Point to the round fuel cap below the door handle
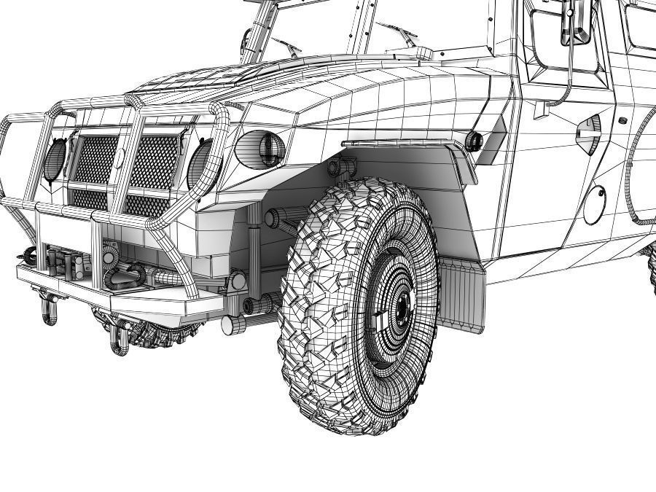tap(594, 205)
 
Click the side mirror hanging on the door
tap(572, 22)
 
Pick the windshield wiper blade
tap(397, 33)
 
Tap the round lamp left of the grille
tap(55, 160)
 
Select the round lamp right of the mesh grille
tap(200, 162)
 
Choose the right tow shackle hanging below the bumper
tap(117, 339)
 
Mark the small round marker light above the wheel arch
tap(475, 140)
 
